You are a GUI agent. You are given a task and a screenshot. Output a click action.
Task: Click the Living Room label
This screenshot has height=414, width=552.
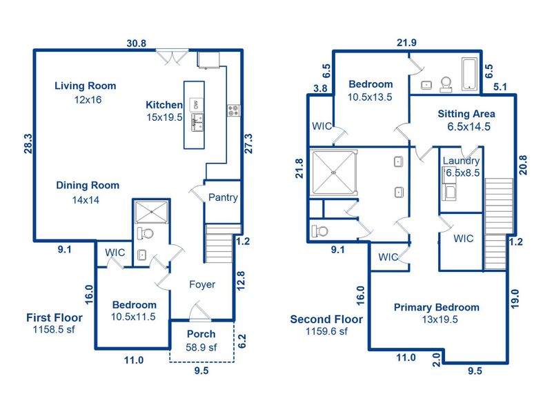click(86, 86)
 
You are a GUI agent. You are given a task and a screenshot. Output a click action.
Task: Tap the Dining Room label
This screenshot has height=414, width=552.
click(88, 185)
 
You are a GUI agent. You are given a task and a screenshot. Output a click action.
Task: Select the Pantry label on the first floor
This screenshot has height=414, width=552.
click(223, 197)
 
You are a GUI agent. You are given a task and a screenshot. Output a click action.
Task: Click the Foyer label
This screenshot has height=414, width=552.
click(202, 284)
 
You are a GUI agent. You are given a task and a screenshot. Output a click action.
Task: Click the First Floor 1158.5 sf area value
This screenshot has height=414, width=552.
click(54, 331)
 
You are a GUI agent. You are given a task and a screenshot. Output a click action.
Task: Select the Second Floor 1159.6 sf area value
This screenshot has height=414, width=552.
click(326, 331)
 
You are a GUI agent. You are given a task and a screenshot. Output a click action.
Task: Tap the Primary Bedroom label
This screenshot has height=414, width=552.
click(436, 308)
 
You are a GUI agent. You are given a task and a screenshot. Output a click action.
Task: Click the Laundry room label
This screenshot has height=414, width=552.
click(461, 161)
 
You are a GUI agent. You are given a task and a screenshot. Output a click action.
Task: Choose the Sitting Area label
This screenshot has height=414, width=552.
click(466, 114)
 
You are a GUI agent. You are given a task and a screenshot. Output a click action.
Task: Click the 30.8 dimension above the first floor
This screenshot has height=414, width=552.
click(137, 43)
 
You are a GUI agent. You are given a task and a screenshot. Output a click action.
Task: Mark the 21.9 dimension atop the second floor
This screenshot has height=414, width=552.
click(406, 43)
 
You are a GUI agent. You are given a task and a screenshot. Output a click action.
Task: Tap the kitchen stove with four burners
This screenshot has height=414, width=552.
click(233, 110)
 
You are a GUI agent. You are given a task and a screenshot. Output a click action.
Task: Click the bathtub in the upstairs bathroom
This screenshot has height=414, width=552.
click(469, 75)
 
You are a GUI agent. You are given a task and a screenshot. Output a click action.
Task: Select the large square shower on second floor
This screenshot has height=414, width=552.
click(333, 172)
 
